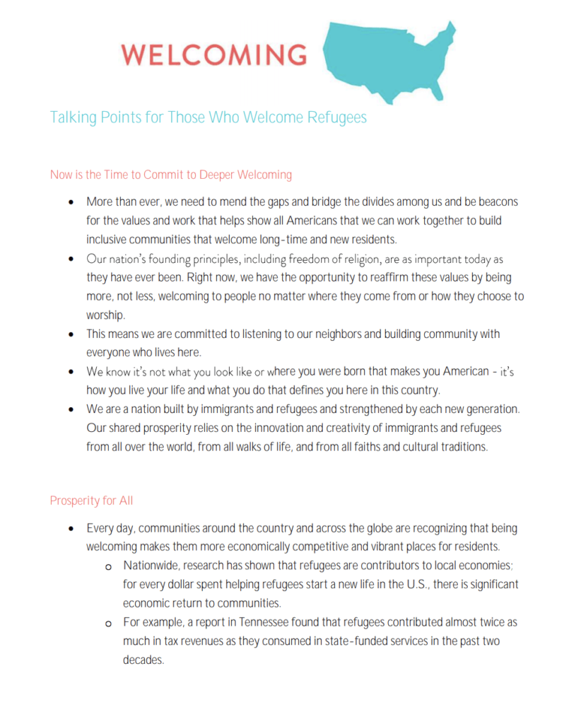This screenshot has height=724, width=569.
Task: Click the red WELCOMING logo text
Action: tap(213, 54)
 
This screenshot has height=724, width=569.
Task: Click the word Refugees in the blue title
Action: tap(337, 117)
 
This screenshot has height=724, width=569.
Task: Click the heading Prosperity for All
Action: tap(91, 501)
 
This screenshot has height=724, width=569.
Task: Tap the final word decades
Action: tap(143, 660)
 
